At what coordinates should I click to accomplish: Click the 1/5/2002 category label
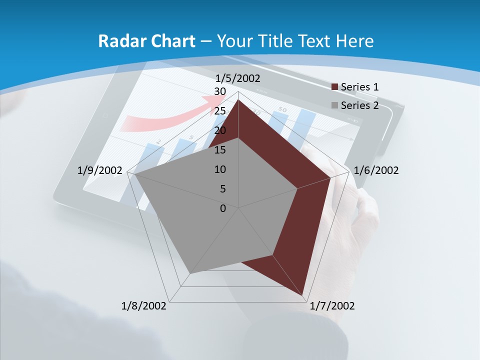tap(238, 78)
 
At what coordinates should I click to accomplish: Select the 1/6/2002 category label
tap(376, 170)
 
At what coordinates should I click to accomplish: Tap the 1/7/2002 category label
tap(332, 306)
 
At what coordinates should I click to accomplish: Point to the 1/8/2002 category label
tap(144, 306)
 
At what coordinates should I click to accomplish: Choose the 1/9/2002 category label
tap(100, 170)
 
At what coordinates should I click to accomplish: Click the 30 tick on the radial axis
tap(219, 91)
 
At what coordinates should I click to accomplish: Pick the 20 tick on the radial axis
tap(219, 130)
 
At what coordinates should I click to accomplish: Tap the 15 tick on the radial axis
tap(219, 150)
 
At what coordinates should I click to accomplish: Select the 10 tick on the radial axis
tap(219, 169)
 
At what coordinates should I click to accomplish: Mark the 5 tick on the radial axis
tap(222, 189)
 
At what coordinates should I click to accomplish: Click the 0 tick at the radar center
tap(222, 208)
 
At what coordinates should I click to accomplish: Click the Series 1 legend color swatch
tap(334, 87)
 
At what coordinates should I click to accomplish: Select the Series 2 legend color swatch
tap(334, 105)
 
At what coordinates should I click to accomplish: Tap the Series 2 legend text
tap(359, 105)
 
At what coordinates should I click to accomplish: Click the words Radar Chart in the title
tap(146, 41)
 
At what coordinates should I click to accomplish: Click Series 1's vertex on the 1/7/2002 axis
tap(303, 295)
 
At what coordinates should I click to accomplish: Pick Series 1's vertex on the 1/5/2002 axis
tap(238, 99)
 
